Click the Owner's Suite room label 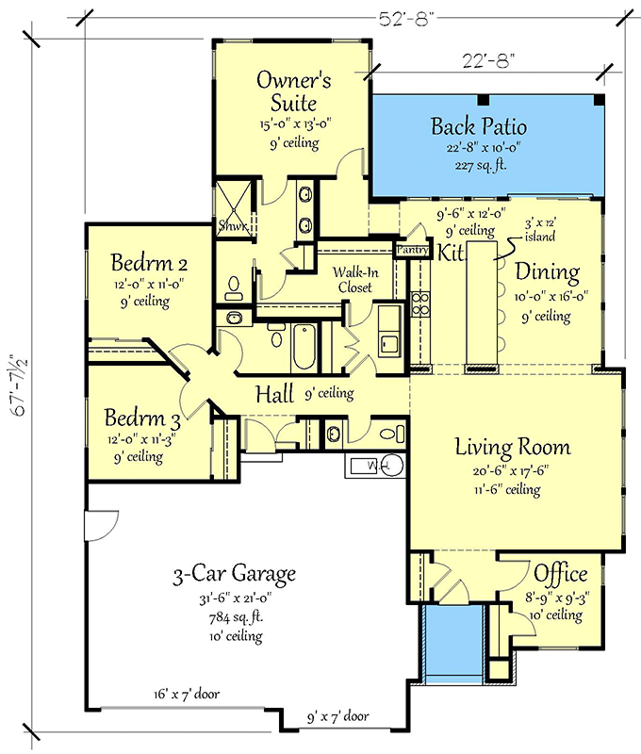click(x=293, y=90)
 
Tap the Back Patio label click(x=479, y=126)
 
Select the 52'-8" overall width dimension click(x=407, y=19)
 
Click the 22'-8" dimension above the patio click(x=488, y=61)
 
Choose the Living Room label click(x=513, y=447)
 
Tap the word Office click(x=560, y=573)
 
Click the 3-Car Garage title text click(x=234, y=574)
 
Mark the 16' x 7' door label click(x=187, y=695)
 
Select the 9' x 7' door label click(x=338, y=717)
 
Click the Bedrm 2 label click(x=149, y=263)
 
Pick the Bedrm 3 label click(x=142, y=418)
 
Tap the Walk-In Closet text click(x=355, y=280)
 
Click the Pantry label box click(x=412, y=250)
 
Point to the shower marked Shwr click(x=233, y=209)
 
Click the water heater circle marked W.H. click(x=391, y=466)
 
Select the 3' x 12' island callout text click(x=540, y=229)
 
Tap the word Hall click(x=274, y=394)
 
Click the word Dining click(x=548, y=272)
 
